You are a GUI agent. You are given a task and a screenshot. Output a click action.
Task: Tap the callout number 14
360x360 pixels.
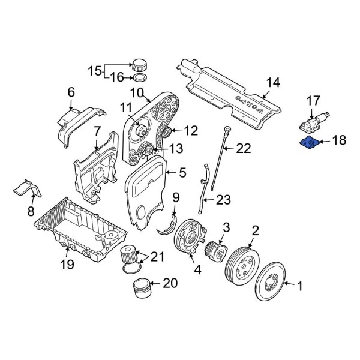pyautogui.click(x=273, y=83)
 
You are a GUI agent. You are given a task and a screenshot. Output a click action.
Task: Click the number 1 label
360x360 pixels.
pyautogui.click(x=301, y=287)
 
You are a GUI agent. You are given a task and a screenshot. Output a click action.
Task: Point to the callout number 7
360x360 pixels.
pyautogui.click(x=97, y=131)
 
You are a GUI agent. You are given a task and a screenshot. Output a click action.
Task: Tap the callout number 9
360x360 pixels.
pyautogui.click(x=176, y=197)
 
